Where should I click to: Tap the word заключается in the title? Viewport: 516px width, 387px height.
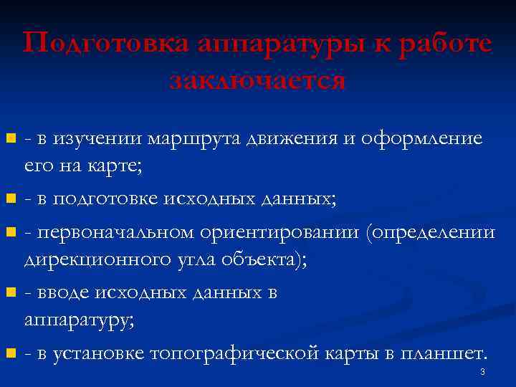pos(257,80)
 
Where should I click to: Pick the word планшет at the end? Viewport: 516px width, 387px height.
pos(444,353)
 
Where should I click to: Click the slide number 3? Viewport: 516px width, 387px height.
pos(482,372)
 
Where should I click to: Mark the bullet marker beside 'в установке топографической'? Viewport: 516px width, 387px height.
pos(10,353)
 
